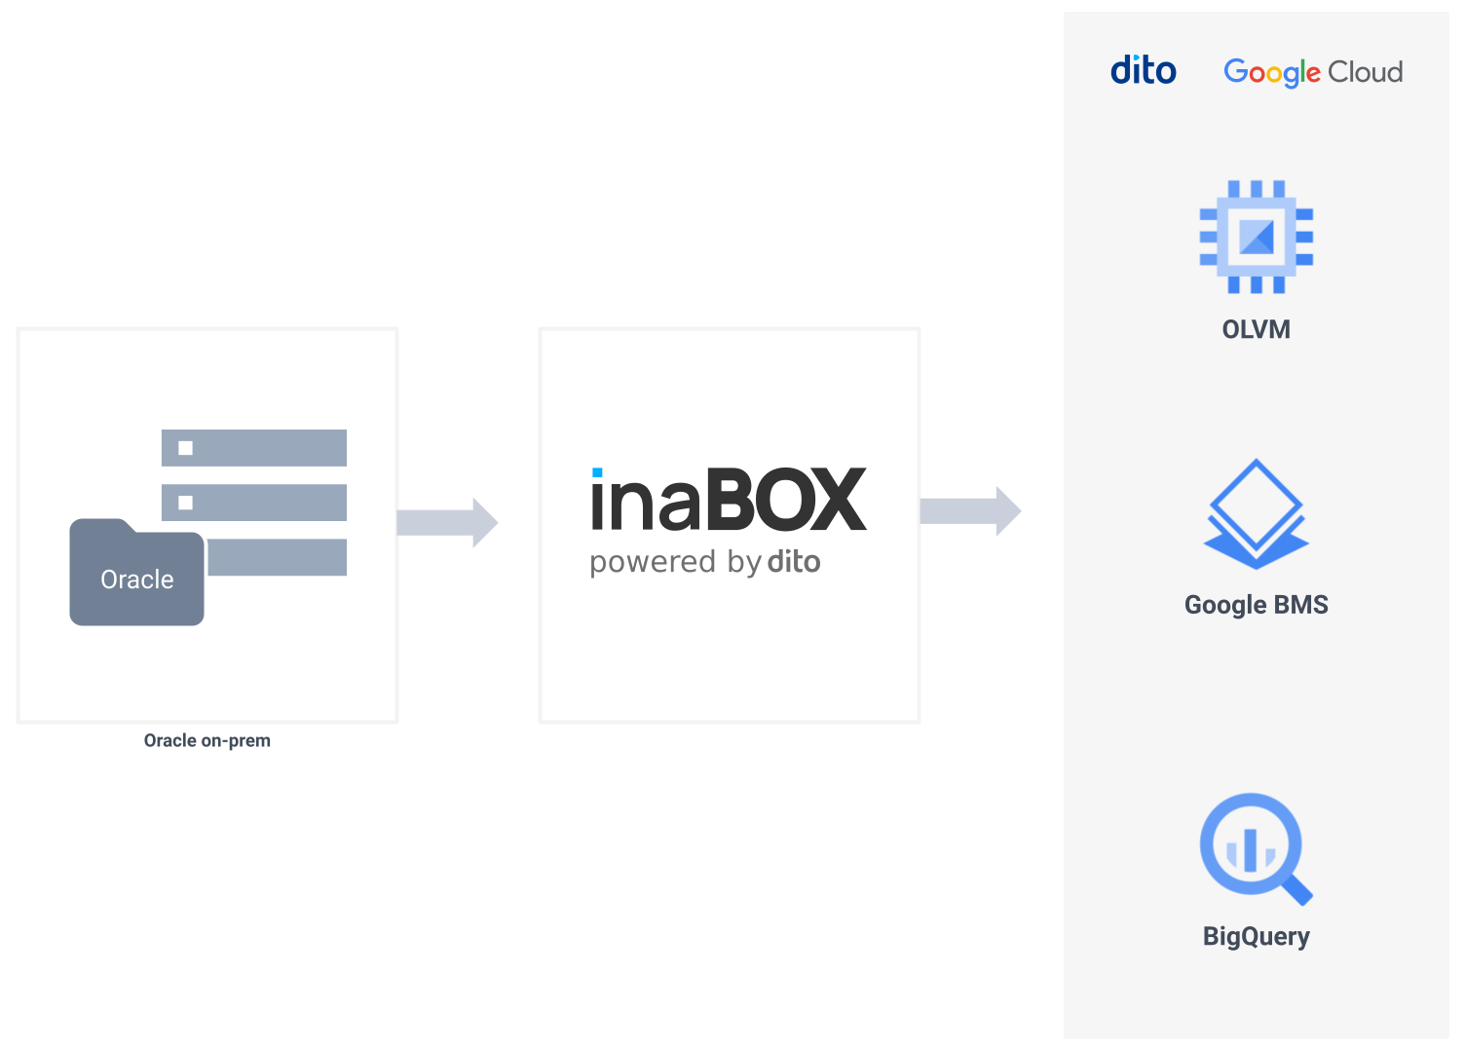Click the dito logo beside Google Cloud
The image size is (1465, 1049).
point(1143,71)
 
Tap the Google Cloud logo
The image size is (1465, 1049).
point(1312,72)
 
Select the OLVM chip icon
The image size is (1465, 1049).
point(1256,237)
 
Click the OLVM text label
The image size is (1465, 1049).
point(1256,329)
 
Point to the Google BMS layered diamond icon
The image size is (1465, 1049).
point(1256,513)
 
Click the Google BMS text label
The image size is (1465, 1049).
point(1256,605)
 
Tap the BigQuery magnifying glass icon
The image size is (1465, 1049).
point(1251,844)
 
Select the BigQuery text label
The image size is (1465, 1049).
point(1256,936)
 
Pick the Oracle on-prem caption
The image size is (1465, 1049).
point(207,740)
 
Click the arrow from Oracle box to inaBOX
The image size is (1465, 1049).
point(447,522)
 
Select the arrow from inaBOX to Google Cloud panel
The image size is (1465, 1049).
point(970,510)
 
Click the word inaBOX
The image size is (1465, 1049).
point(729,501)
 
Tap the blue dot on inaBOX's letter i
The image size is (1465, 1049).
point(597,473)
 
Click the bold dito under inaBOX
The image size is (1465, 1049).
point(794,562)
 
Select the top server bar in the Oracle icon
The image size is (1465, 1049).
point(254,448)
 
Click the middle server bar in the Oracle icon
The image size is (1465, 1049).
point(254,503)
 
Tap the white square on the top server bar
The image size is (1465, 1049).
point(185,448)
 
